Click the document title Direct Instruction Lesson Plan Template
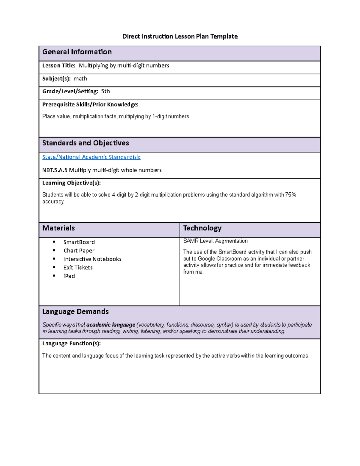(x=180, y=37)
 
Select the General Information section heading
(x=77, y=52)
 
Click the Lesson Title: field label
(x=59, y=65)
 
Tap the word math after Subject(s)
(x=80, y=79)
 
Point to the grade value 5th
(x=105, y=91)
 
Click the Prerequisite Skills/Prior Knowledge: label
(x=90, y=104)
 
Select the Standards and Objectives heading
(x=85, y=143)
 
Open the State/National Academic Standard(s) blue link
(x=91, y=157)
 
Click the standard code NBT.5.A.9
(x=55, y=170)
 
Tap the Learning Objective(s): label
(x=71, y=183)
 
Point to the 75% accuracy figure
(x=290, y=195)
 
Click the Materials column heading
(x=58, y=228)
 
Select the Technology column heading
(x=202, y=228)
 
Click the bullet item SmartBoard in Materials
(x=79, y=242)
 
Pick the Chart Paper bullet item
(x=79, y=251)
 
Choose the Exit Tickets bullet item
(x=78, y=267)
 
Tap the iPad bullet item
(x=69, y=276)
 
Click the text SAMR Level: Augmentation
(x=215, y=241)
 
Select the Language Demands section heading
(x=75, y=311)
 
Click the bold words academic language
(x=111, y=325)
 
